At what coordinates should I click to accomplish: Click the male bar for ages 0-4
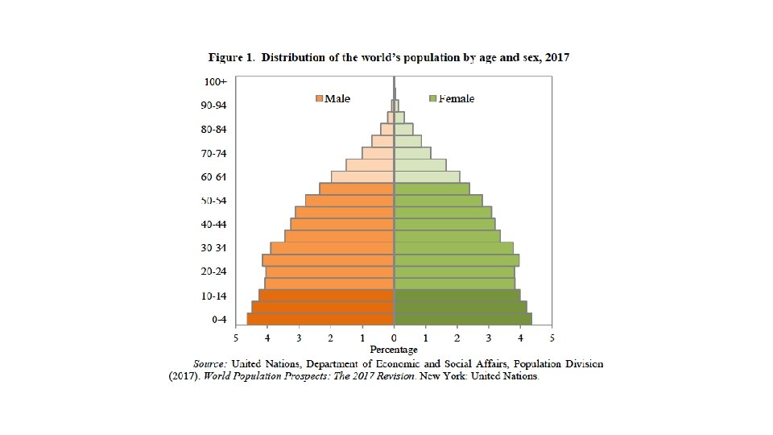[x=320, y=319]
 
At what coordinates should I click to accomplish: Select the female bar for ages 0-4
[x=464, y=319]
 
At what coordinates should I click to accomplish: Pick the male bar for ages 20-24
[x=330, y=271]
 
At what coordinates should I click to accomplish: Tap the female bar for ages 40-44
[x=444, y=224]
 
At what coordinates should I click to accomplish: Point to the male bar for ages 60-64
[x=362, y=176]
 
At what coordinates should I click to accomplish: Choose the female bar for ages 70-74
[x=413, y=153]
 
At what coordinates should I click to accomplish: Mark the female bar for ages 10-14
[x=457, y=295]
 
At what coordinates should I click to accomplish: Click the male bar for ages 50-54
[x=349, y=201]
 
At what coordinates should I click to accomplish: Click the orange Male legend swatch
[x=320, y=98]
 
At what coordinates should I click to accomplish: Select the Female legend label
[x=457, y=98]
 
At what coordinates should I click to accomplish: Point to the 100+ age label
[x=216, y=82]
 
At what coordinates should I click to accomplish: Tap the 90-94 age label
[x=213, y=105]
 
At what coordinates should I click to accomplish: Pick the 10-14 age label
[x=213, y=296]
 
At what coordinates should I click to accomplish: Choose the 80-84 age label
[x=213, y=129]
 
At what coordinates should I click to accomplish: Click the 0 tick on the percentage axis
[x=394, y=338]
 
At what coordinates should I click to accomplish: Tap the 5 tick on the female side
[x=552, y=338]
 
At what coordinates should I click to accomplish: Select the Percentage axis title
[x=394, y=350]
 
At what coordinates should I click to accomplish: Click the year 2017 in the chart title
[x=557, y=58]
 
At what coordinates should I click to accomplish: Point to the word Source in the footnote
[x=210, y=364]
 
